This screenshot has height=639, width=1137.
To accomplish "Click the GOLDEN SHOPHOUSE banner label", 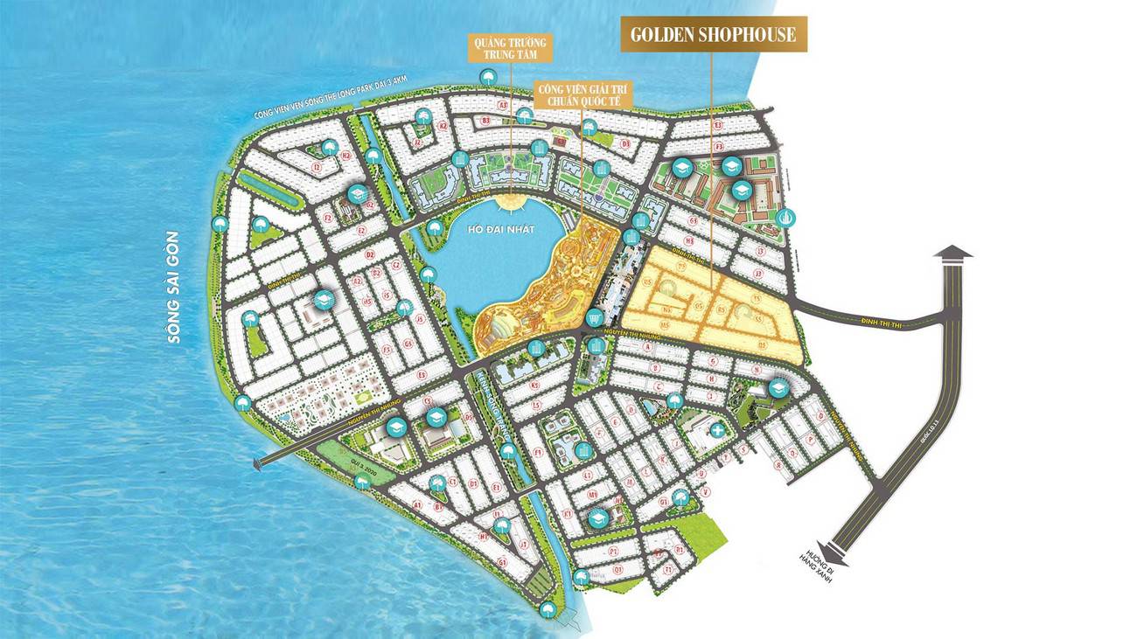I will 714,35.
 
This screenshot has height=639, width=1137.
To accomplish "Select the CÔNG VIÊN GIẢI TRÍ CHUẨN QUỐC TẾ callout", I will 582,94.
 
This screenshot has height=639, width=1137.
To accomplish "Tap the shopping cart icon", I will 596,316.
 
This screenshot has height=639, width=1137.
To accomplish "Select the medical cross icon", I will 717,430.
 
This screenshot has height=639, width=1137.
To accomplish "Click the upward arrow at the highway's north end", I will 952,254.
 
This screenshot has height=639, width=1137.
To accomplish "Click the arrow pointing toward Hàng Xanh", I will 836,551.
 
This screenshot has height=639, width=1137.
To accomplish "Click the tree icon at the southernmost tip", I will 548,609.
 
